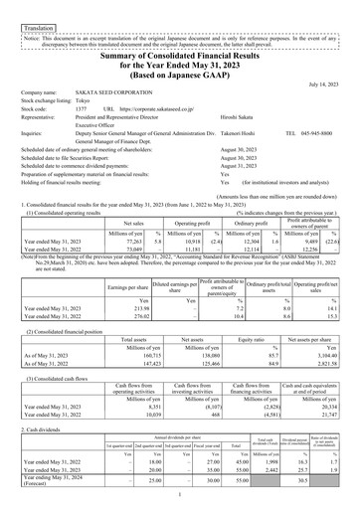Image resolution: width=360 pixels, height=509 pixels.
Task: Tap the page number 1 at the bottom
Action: click(x=180, y=496)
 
